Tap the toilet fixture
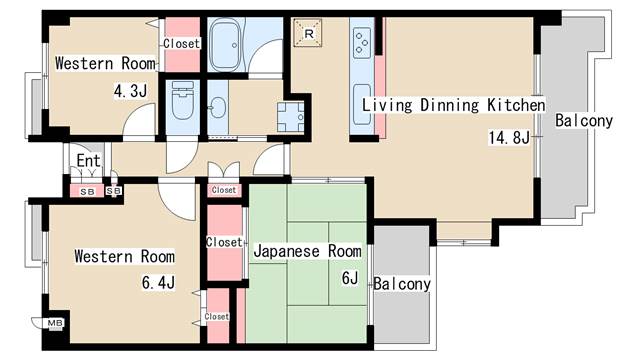tap(182, 100)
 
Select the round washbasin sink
tap(218, 107)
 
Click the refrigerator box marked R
tap(308, 33)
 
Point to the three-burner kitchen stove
tap(361, 41)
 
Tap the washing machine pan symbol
tap(290, 117)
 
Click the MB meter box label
tap(55, 323)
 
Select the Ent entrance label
tap(89, 160)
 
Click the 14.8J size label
tap(509, 138)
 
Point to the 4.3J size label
tap(130, 91)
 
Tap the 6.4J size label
tap(158, 282)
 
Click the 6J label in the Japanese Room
tap(350, 278)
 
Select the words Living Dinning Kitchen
tap(453, 105)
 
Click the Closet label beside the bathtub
tap(182, 43)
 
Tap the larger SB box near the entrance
tap(87, 191)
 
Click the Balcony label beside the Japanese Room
tap(402, 284)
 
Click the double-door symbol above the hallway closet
tap(223, 171)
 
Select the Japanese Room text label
tap(307, 251)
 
